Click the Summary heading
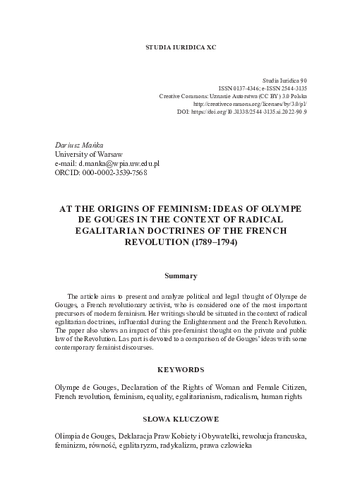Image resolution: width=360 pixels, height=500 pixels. (x=180, y=275)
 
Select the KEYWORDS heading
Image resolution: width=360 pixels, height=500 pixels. (x=180, y=369)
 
